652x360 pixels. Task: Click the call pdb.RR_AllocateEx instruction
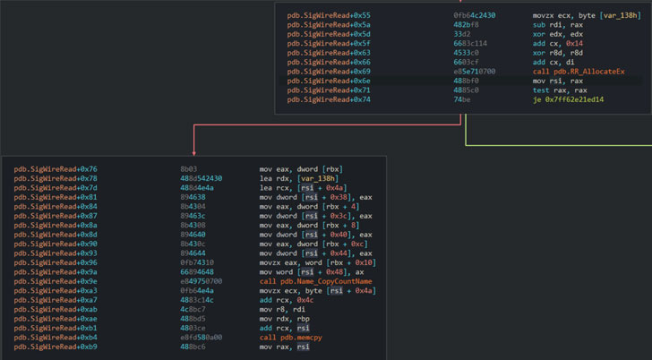pos(579,72)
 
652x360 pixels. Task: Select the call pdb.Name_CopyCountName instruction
pos(315,281)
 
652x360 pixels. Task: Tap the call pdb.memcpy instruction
pos(291,338)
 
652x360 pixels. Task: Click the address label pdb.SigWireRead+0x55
pos(329,15)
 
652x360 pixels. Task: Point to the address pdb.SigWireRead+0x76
pos(56,169)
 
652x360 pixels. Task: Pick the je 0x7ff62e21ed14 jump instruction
pos(568,99)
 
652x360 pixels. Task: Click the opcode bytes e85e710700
pos(475,72)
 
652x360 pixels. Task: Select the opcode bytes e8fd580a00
pos(202,338)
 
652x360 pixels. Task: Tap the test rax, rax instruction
pos(560,90)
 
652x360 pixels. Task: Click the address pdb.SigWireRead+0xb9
pos(56,347)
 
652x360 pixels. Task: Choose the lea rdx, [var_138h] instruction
pos(299,179)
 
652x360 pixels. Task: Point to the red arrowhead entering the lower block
pos(193,153)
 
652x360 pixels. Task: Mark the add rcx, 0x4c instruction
pos(287,300)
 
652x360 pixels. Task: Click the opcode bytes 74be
pos(462,99)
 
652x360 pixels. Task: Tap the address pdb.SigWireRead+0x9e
pos(56,281)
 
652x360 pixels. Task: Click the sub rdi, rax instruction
pos(558,25)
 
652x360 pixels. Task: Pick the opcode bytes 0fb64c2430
pos(475,15)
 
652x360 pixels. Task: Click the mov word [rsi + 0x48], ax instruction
pos(312,272)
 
